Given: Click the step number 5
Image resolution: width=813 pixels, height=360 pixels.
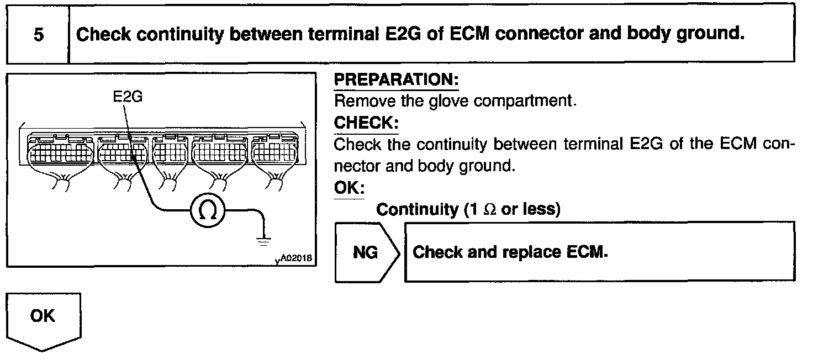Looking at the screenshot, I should [x=38, y=35].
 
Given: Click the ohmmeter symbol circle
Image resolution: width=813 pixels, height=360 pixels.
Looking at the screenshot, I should [x=207, y=210].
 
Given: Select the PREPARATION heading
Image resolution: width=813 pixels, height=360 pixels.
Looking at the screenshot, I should [x=397, y=81].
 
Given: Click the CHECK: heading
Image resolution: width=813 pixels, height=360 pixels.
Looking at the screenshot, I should [x=366, y=123].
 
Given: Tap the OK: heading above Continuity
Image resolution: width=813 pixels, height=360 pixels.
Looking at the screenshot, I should [x=350, y=188].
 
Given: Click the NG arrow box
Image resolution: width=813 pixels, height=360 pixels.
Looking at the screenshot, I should [x=366, y=252].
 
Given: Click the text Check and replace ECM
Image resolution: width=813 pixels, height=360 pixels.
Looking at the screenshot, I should [x=510, y=252].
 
